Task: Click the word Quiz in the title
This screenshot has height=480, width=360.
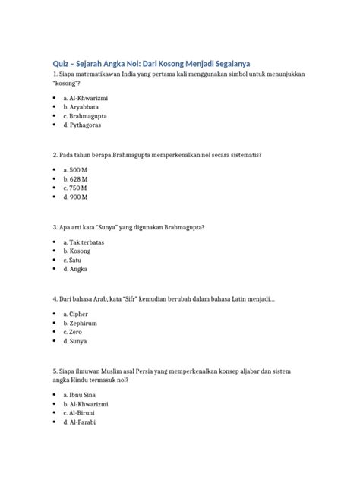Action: click(x=59, y=62)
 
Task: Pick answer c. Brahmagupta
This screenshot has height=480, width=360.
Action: click(x=84, y=116)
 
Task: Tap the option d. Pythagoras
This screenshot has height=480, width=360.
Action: click(x=82, y=125)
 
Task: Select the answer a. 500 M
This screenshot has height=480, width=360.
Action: click(x=76, y=170)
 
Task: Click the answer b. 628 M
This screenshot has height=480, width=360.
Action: click(x=76, y=179)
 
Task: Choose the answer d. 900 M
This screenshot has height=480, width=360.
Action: click(x=76, y=197)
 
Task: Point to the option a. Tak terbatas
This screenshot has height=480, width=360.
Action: click(x=84, y=242)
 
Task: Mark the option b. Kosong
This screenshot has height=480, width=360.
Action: click(x=77, y=251)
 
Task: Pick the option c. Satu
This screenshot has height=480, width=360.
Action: click(x=74, y=260)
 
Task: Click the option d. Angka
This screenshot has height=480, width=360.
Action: click(x=77, y=269)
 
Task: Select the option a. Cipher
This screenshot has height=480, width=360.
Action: click(x=77, y=314)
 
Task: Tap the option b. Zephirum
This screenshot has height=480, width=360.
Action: click(x=81, y=323)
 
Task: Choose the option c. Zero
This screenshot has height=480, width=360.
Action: click(x=74, y=332)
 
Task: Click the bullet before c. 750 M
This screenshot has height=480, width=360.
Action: click(x=55, y=188)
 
